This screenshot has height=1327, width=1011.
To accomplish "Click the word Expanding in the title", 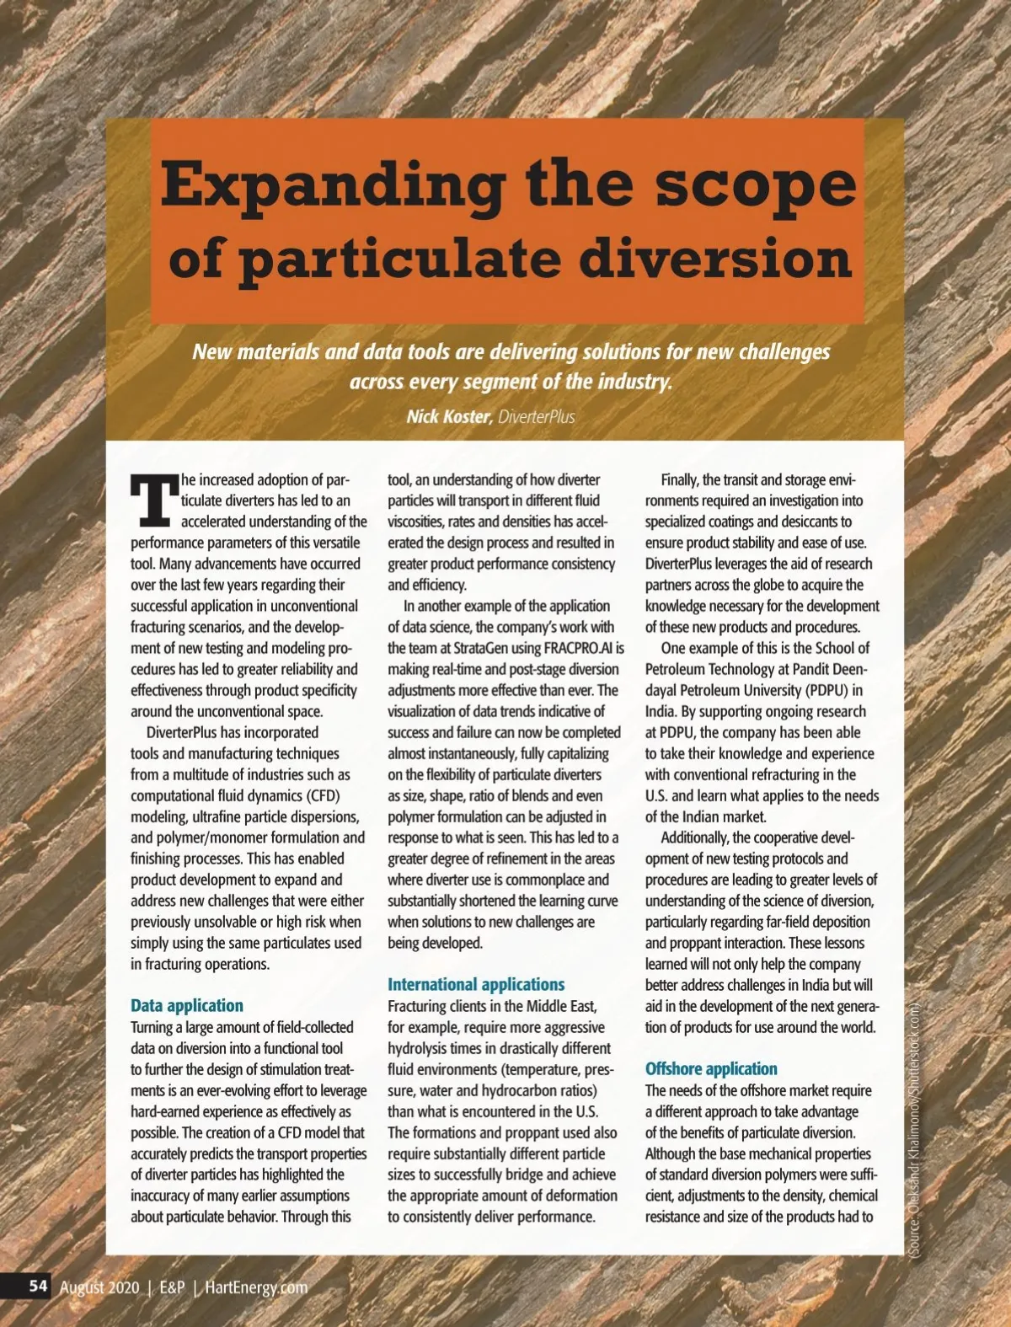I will point(333,185).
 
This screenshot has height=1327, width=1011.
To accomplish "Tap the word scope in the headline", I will point(755,185).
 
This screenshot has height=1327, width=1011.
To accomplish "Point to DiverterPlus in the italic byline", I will point(537,416).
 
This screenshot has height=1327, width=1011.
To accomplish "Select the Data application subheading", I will point(186,1005).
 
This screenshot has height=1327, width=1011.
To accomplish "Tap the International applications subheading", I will point(475,984).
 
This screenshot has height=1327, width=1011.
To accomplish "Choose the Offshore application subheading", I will point(711,1068).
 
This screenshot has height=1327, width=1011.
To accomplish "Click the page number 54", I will point(38,1286).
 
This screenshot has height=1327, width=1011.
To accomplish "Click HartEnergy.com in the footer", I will point(256,1287).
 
